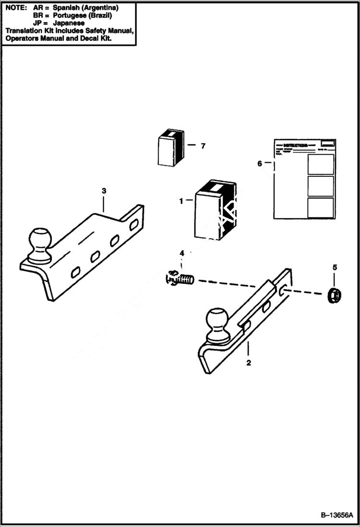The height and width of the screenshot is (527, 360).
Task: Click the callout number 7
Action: click(203, 146)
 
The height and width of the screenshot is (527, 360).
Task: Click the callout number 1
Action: click(181, 201)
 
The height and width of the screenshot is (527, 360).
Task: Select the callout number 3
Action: click(104, 191)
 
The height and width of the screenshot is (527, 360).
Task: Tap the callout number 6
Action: click(260, 163)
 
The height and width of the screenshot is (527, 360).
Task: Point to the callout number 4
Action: click(182, 253)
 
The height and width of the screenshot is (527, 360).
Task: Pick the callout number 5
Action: click(335, 267)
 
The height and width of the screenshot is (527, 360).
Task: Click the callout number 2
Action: click(248, 363)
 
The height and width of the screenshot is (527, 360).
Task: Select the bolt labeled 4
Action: click(181, 278)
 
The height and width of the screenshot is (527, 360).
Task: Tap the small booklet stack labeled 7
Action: click(171, 148)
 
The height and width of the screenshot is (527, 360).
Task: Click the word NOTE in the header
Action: click(15, 8)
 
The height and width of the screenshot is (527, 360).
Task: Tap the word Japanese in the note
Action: click(69, 23)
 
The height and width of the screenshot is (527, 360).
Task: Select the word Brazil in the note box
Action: click(100, 15)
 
